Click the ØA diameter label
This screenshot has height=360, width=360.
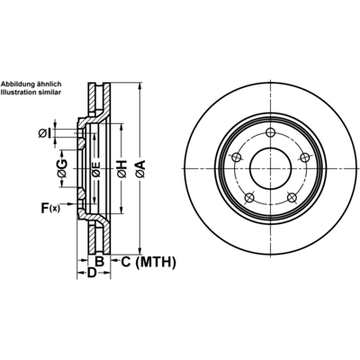(140, 169)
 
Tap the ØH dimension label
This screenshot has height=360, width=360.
(121, 169)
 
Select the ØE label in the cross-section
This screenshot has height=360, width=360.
(95, 169)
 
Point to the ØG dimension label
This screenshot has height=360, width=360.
(62, 168)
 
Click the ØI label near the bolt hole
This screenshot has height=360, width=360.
(45, 133)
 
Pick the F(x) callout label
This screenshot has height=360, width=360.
(50, 208)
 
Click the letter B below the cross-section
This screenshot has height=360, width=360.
(99, 262)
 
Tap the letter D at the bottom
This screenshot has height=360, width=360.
(92, 273)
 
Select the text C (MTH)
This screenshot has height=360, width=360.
(148, 262)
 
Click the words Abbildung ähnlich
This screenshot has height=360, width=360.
(31, 84)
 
